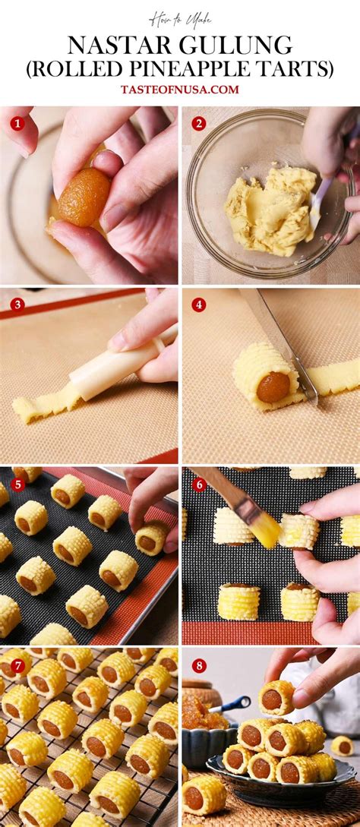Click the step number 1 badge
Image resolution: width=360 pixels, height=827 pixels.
tap(17, 123)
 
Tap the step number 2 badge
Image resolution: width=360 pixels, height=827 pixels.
tap(198, 123)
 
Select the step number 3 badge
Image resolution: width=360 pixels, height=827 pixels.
tap(17, 305)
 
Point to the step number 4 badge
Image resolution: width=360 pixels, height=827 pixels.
tap(198, 305)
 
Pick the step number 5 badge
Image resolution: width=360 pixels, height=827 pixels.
tap(17, 485)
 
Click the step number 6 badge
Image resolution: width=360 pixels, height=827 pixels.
tap(198, 485)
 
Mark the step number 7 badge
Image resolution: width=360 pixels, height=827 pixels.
tap(17, 665)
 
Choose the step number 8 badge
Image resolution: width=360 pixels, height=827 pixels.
tap(198, 665)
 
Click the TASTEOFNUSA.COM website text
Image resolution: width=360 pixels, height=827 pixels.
tap(180, 90)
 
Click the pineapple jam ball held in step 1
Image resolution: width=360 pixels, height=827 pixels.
tap(84, 197)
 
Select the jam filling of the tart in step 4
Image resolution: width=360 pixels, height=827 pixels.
tap(272, 387)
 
